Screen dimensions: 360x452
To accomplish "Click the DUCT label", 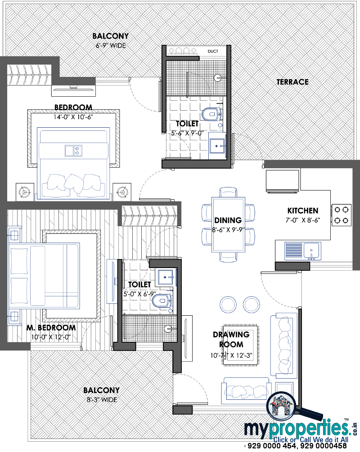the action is pyautogui.click(x=213, y=51).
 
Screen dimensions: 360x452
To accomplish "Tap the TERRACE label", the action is pyautogui.click(x=292, y=82).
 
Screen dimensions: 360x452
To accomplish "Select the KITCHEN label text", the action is pyautogui.click(x=302, y=211).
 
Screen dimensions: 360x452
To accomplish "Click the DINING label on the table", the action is pyautogui.click(x=228, y=220).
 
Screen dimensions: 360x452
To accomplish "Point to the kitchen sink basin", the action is pyautogui.click(x=312, y=250).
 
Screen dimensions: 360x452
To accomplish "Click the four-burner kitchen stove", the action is pyautogui.click(x=342, y=215).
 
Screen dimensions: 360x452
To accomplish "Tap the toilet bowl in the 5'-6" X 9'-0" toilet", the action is pyautogui.click(x=211, y=114).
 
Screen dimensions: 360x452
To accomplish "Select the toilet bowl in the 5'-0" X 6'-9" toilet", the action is pyautogui.click(x=162, y=301).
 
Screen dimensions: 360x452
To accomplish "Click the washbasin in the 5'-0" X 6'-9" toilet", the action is pyautogui.click(x=166, y=277).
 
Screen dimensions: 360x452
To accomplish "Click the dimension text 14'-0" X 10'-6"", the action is pyautogui.click(x=73, y=117).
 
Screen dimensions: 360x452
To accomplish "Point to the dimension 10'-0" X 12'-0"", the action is pyautogui.click(x=51, y=337).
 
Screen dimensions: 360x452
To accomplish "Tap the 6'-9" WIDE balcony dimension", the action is pyautogui.click(x=111, y=45).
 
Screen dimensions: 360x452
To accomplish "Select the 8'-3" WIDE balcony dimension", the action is pyautogui.click(x=102, y=400).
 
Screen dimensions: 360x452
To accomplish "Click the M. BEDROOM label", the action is pyautogui.click(x=51, y=328).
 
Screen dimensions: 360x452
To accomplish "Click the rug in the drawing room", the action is pyautogui.click(x=241, y=345).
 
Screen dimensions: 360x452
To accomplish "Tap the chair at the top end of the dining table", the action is pyautogui.click(x=228, y=192).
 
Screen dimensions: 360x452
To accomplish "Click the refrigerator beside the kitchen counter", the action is pyautogui.click(x=283, y=181).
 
